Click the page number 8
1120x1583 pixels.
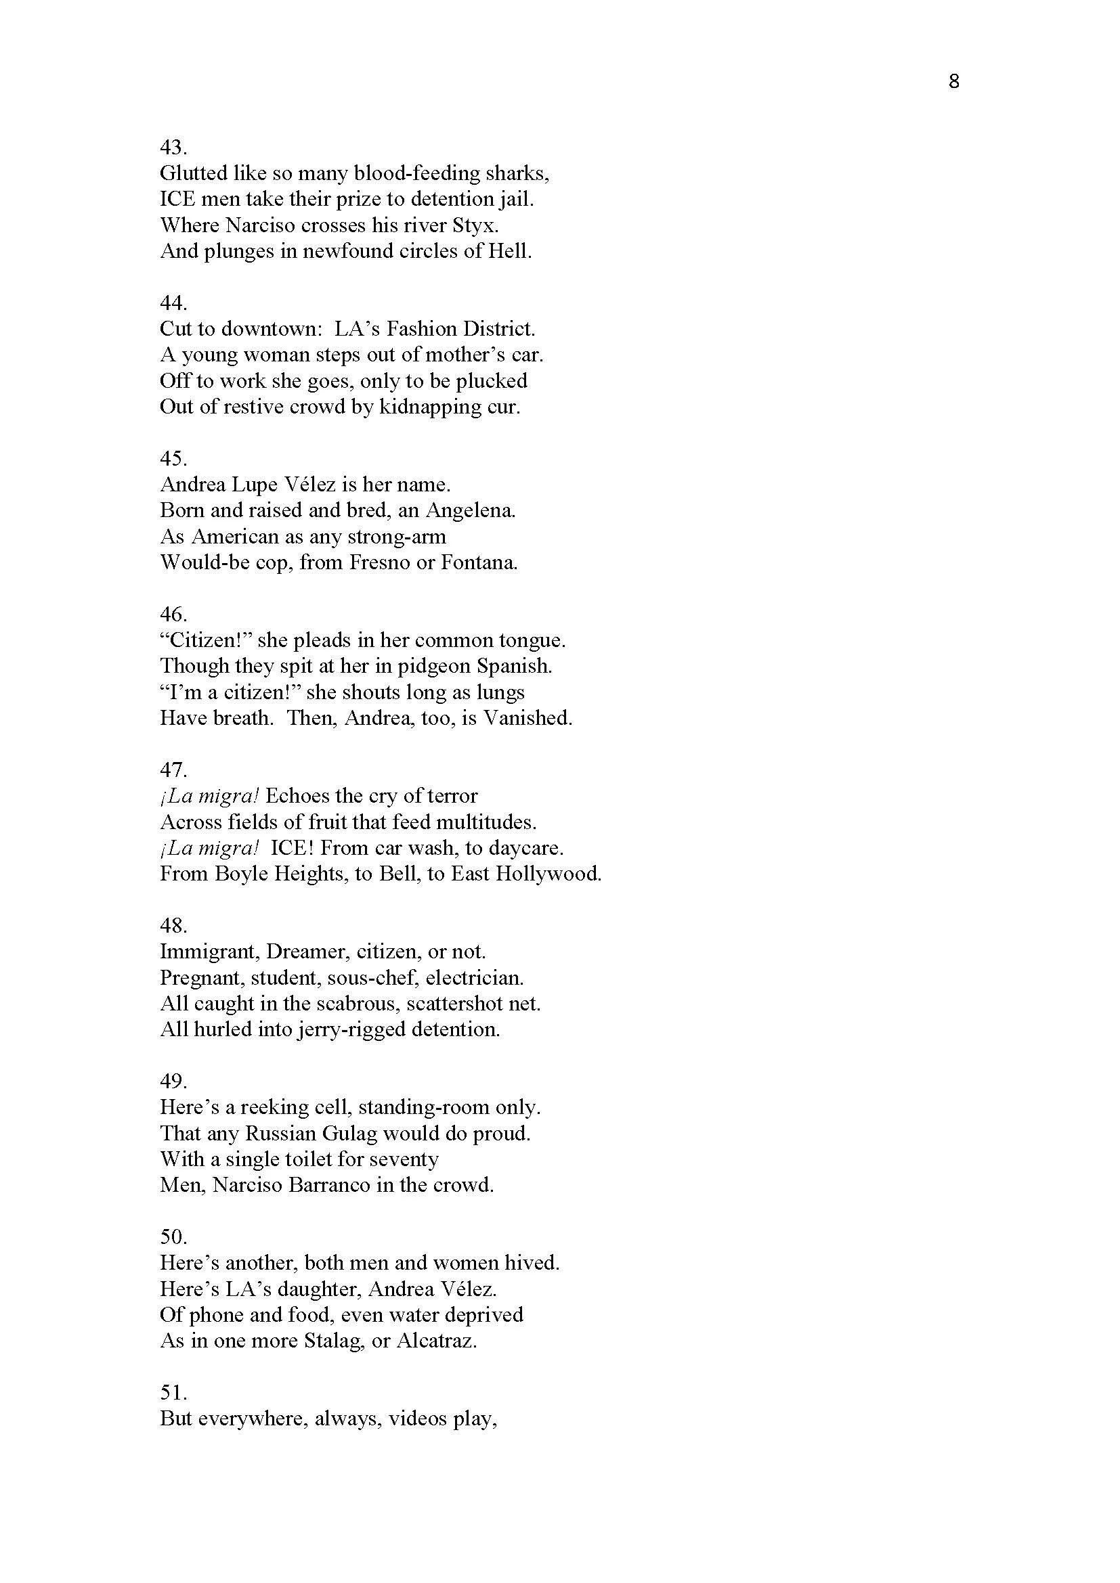click(954, 82)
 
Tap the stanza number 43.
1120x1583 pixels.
click(173, 147)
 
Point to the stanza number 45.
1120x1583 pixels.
click(173, 458)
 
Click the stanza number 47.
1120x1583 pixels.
click(173, 770)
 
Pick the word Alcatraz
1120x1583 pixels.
click(437, 1341)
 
